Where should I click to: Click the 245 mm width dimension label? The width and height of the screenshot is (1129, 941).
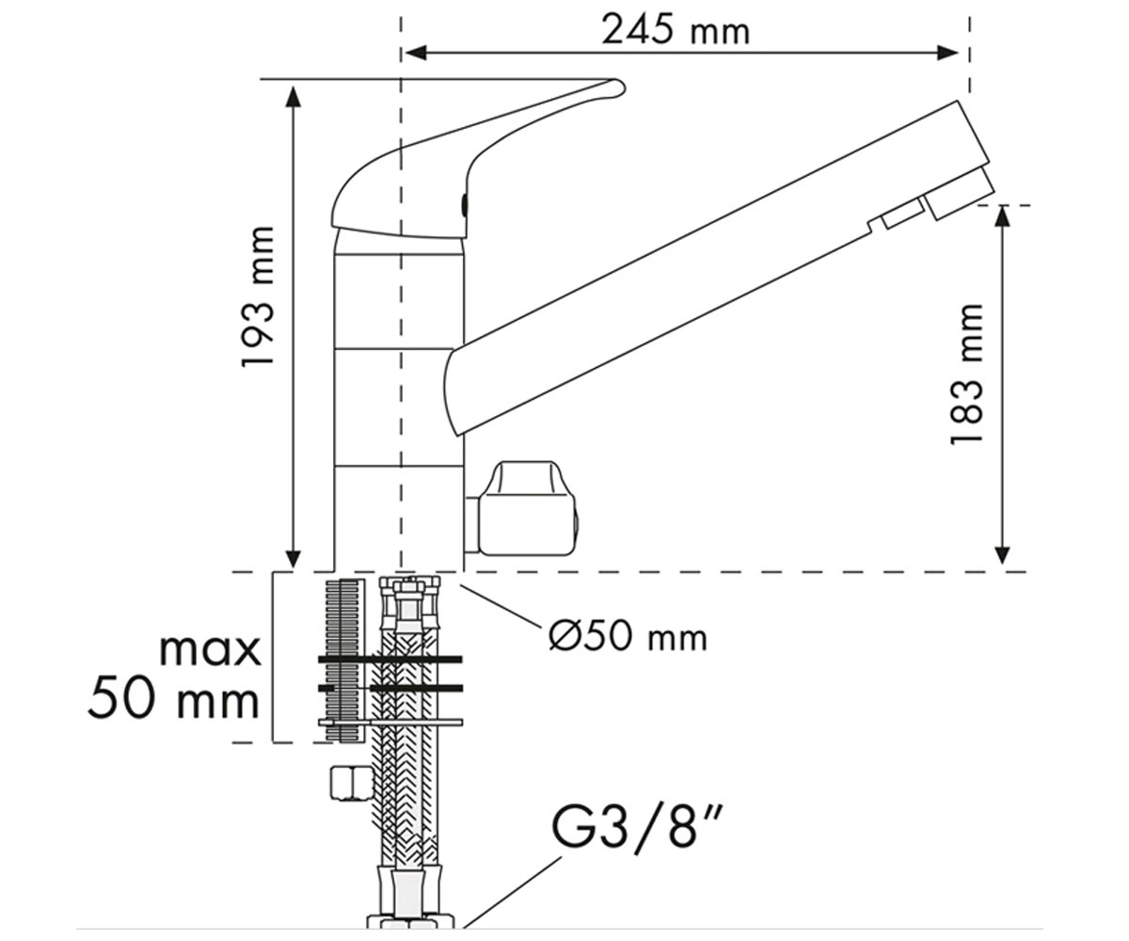click(676, 30)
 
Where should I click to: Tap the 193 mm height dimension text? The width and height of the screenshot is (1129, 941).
click(259, 297)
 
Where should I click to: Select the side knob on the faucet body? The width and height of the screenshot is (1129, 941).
click(522, 508)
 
